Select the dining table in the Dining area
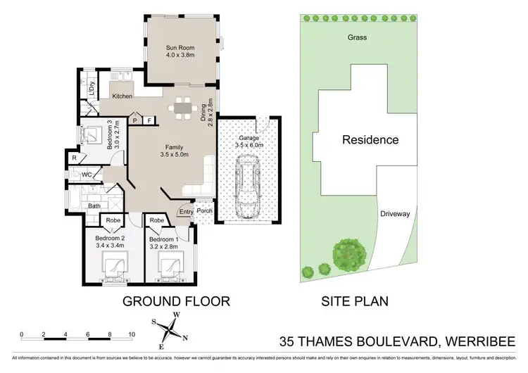pos(182,110)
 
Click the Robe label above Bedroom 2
pos(114,220)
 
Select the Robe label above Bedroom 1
pos(158,220)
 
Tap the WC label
pos(87,174)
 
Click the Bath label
pos(94,206)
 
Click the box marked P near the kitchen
pos(135,121)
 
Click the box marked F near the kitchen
pos(149,121)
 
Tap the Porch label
pos(205,211)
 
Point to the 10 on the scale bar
pos(131,334)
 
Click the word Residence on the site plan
pos(370,139)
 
